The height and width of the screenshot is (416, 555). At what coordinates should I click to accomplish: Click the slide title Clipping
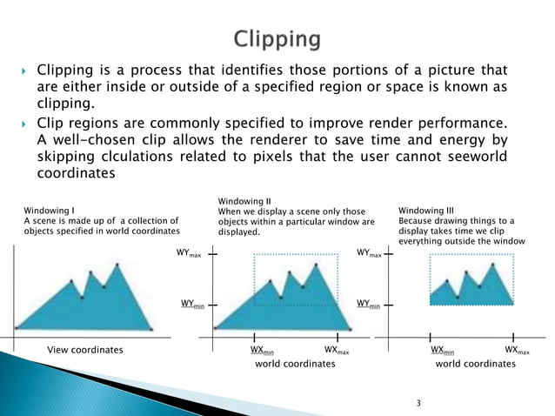click(277, 40)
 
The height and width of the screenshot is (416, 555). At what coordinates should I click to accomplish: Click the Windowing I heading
click(48, 209)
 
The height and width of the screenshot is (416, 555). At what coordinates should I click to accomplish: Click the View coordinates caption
click(84, 350)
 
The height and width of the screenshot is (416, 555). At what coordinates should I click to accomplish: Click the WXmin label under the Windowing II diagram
click(262, 350)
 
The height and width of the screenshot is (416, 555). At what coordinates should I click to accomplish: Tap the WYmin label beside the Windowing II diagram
click(192, 304)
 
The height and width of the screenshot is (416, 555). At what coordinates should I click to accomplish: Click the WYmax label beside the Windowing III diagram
click(370, 254)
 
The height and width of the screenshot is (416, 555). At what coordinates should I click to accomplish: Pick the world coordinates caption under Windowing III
click(475, 364)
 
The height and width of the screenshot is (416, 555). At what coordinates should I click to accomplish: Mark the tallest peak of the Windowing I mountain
click(118, 261)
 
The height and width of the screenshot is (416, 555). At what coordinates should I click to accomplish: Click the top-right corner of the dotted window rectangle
click(338, 254)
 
